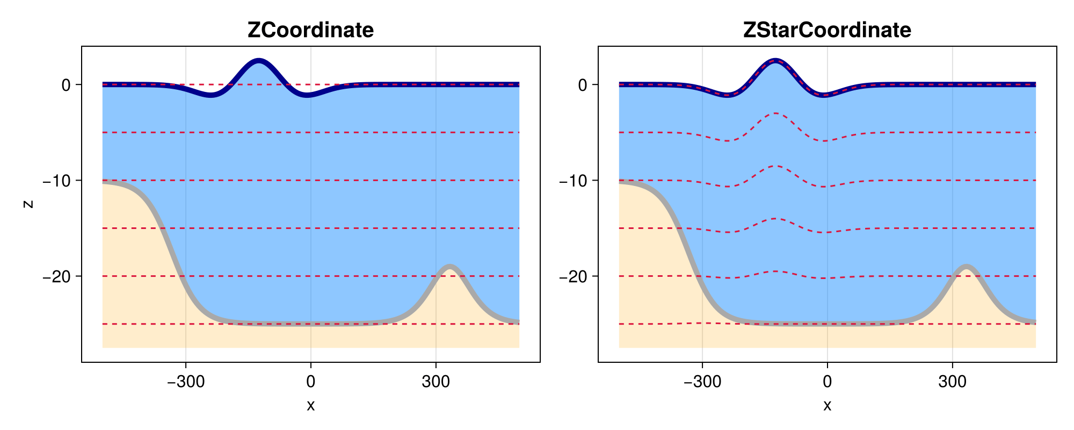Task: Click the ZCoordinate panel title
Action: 310,30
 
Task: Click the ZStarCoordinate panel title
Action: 827,30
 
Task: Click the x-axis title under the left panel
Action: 310,406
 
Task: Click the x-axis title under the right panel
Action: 827,406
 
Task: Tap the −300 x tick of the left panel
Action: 185,382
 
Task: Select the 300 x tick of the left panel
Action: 436,382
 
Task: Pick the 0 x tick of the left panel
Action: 310,382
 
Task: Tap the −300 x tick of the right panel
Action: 702,382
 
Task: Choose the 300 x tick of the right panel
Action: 952,382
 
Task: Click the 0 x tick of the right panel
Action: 827,382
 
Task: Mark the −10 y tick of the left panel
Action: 56,181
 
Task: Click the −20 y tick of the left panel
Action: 56,276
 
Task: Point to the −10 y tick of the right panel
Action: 573,181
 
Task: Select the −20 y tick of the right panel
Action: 573,276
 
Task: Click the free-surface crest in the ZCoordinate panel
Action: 259,61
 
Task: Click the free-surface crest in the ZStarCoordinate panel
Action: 775,61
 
